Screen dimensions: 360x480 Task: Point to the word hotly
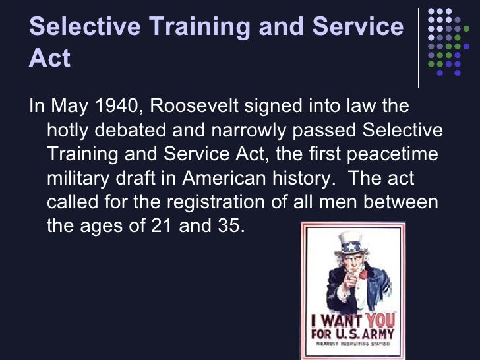(x=69, y=131)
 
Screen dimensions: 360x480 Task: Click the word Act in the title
(x=50, y=58)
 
